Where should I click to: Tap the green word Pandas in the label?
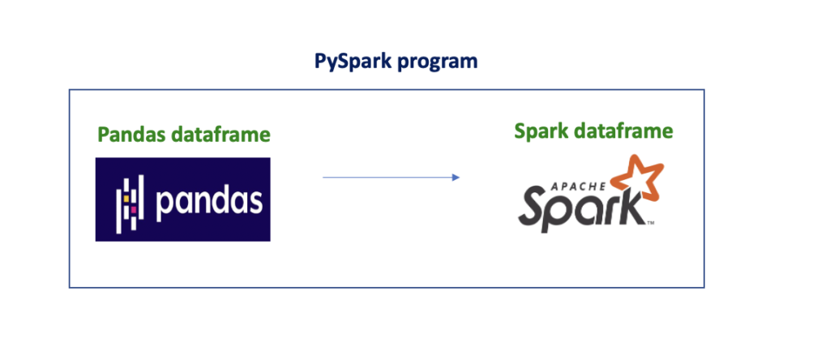(131, 135)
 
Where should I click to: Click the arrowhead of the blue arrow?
(456, 177)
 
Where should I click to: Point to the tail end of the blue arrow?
(324, 177)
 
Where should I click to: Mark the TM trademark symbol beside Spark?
(650, 223)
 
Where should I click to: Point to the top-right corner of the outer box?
(704, 90)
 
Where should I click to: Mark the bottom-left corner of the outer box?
(70, 287)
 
